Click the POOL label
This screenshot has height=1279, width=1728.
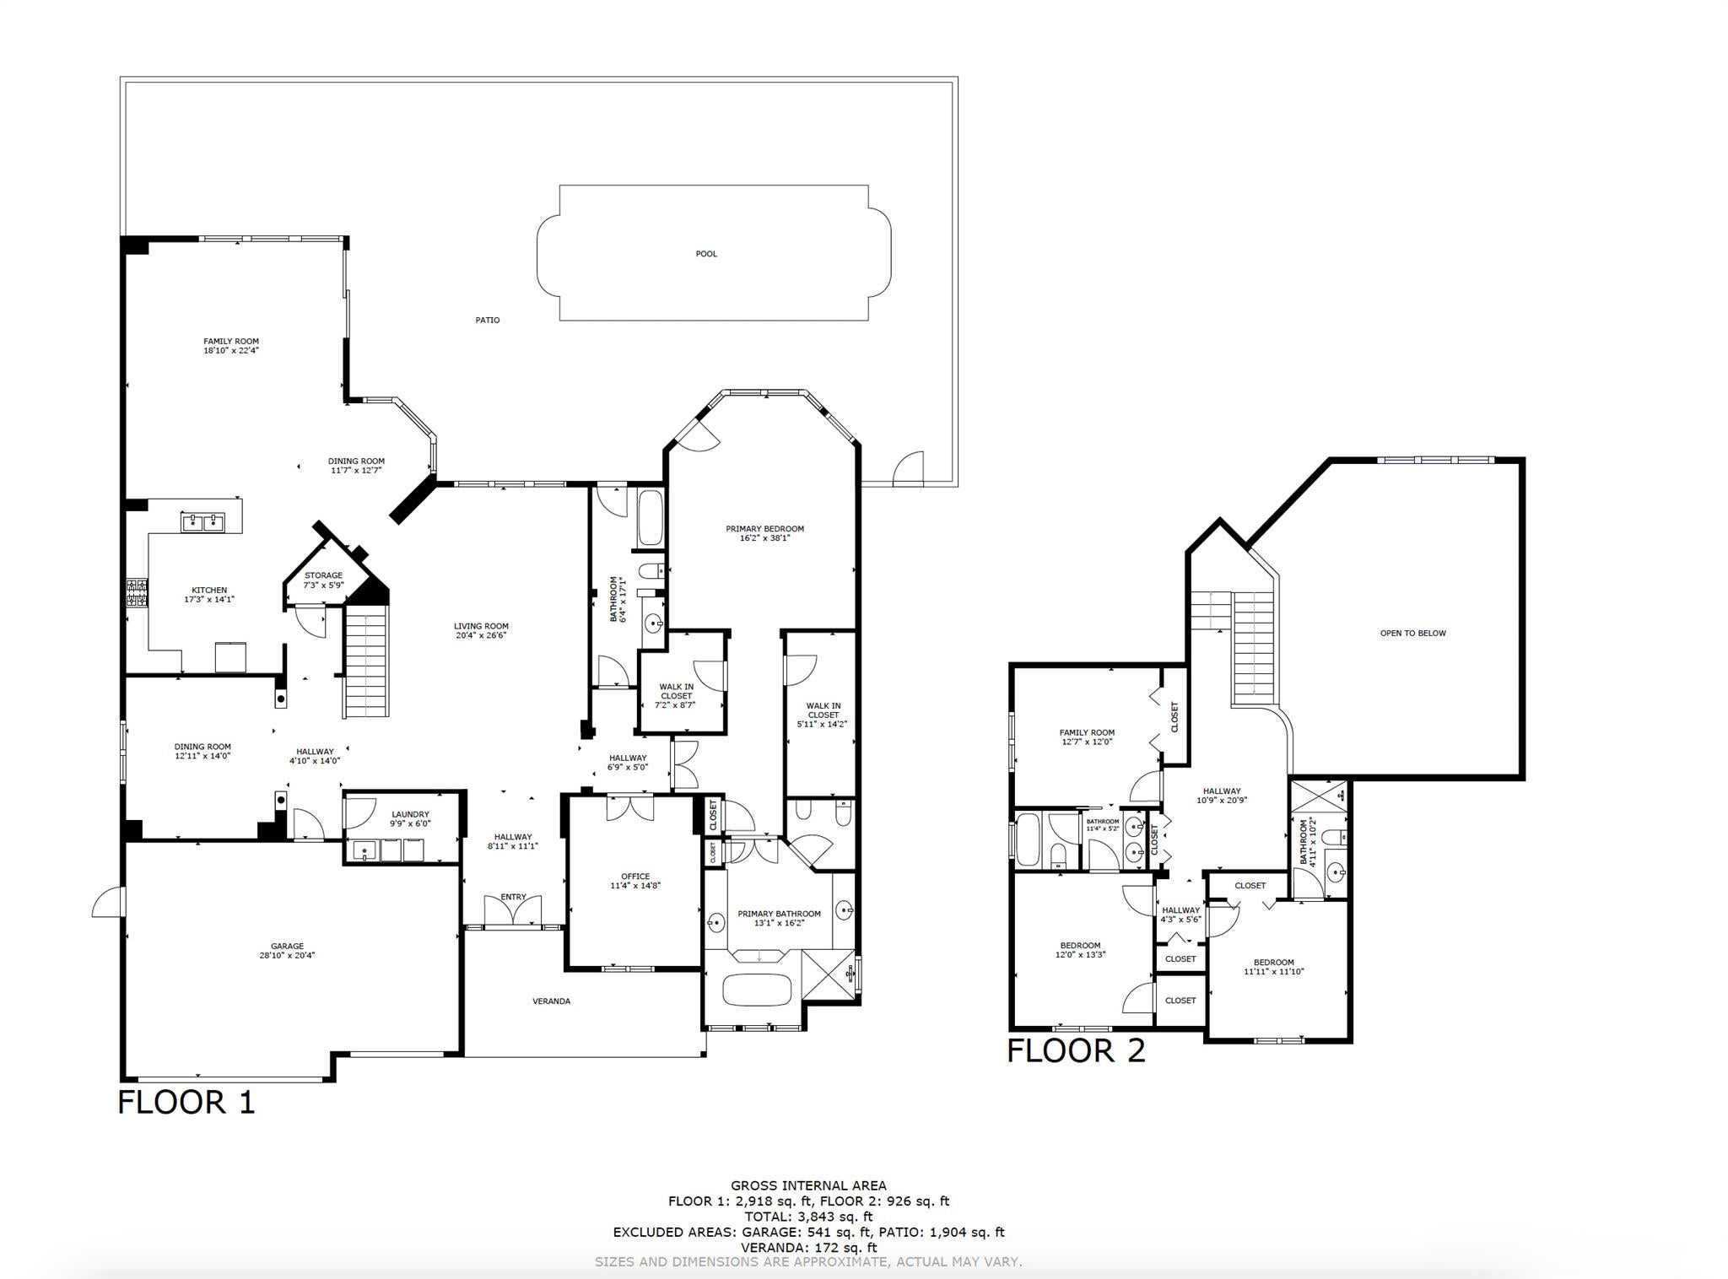point(706,254)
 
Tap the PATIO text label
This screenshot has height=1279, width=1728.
point(487,321)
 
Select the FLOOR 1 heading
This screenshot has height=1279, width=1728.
point(186,1102)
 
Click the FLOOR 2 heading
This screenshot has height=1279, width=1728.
point(1076,1050)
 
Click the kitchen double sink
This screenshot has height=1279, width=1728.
point(202,523)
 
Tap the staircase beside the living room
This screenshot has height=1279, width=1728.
point(367,665)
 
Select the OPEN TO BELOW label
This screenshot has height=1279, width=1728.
point(1412,634)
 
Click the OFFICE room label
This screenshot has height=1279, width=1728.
point(635,877)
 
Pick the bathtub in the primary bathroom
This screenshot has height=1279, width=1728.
point(757,989)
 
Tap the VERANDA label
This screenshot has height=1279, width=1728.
point(551,1001)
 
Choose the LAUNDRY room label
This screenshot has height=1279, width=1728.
point(410,814)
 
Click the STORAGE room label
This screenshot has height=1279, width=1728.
point(323,575)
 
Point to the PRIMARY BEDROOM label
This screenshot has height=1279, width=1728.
point(764,529)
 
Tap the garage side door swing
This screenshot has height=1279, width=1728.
point(108,902)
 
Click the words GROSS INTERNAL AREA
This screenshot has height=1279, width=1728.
point(807,1185)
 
